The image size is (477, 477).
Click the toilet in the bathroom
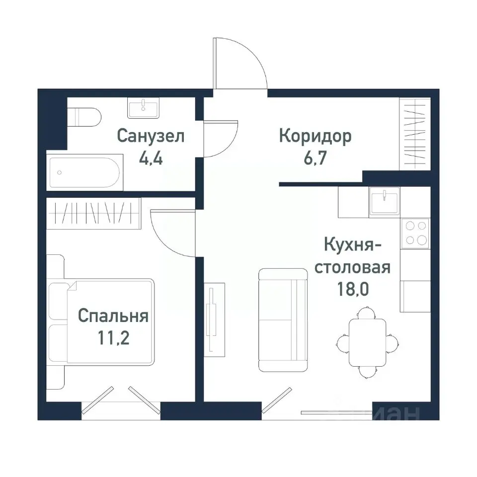pyautogui.click(x=86, y=117)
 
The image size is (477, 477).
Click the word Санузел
pyautogui.click(x=151, y=136)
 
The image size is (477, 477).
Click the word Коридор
pyautogui.click(x=315, y=136)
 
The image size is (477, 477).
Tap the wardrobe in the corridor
pyautogui.click(x=414, y=134)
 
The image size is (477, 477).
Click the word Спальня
pyautogui.click(x=113, y=316)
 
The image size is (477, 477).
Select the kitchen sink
pyautogui.click(x=384, y=201)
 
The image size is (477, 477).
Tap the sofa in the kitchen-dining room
pyautogui.click(x=283, y=320)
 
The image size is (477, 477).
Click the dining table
pyautogui.click(x=367, y=342)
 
